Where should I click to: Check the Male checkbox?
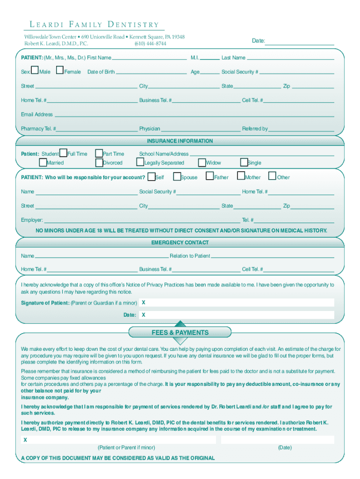point(35,71)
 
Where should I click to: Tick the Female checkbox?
point(59,71)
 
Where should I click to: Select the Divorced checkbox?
point(99,162)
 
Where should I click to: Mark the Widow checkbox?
point(202,162)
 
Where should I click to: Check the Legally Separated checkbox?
point(140,162)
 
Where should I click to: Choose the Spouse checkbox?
point(177,176)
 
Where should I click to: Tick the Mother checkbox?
point(241,176)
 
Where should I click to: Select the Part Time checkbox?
point(99,153)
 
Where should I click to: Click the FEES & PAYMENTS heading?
point(180,333)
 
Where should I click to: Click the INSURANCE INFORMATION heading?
point(180,141)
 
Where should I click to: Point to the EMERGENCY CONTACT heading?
point(180,242)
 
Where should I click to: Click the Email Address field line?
point(194,116)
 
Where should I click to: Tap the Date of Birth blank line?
point(151,73)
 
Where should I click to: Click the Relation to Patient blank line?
point(273,257)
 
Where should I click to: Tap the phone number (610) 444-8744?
point(150,44)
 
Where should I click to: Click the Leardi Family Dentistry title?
point(92,25)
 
